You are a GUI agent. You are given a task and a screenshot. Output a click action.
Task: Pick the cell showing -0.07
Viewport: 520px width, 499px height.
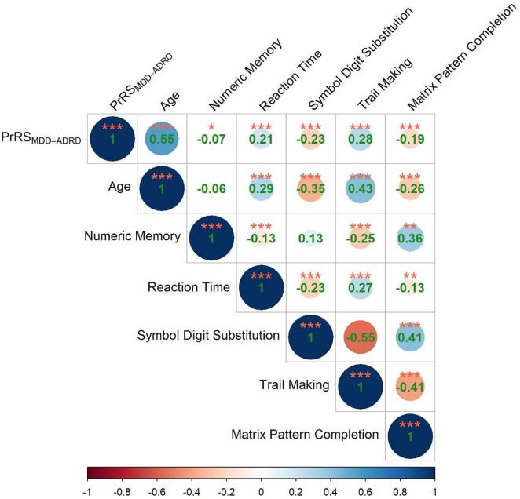(211, 140)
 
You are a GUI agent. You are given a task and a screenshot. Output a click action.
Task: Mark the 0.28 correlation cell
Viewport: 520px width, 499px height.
(360, 140)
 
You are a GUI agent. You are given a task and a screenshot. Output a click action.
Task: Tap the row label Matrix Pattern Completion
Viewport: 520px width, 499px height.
(306, 434)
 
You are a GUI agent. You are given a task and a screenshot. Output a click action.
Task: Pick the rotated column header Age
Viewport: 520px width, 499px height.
(169, 100)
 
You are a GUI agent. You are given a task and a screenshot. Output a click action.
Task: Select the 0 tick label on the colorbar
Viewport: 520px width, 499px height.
(262, 493)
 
